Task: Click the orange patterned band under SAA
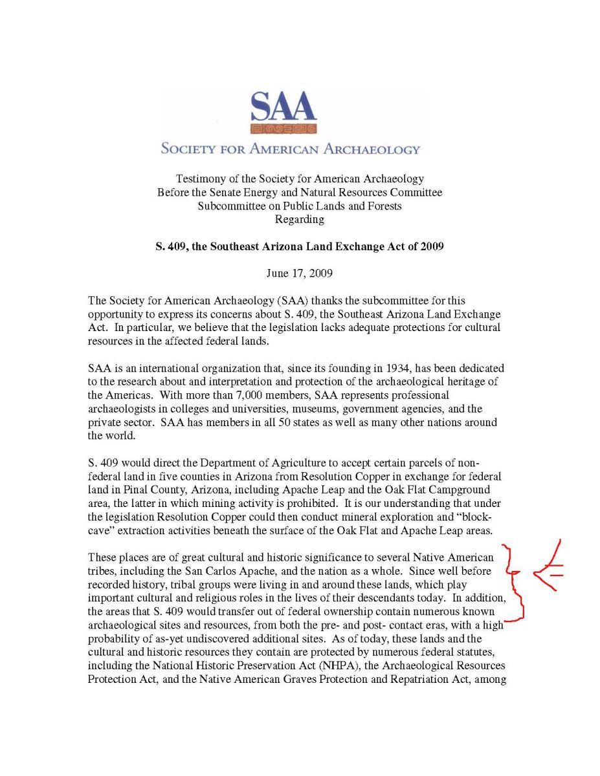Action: pyautogui.click(x=283, y=129)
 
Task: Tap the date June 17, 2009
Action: pyautogui.click(x=300, y=274)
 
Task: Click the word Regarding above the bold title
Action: pyautogui.click(x=300, y=219)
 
